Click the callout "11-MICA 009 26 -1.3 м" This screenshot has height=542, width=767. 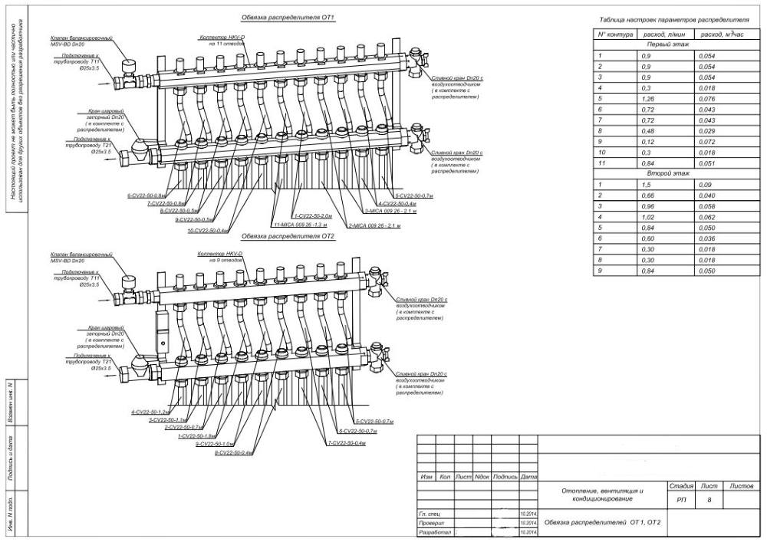click(x=300, y=225)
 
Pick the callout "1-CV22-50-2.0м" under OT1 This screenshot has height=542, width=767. click(x=311, y=217)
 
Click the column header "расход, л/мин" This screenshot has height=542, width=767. click(x=665, y=35)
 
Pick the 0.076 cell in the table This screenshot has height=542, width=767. click(x=706, y=99)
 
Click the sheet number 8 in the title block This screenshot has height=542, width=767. click(x=709, y=500)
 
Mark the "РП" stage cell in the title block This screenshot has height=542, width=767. click(x=681, y=500)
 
